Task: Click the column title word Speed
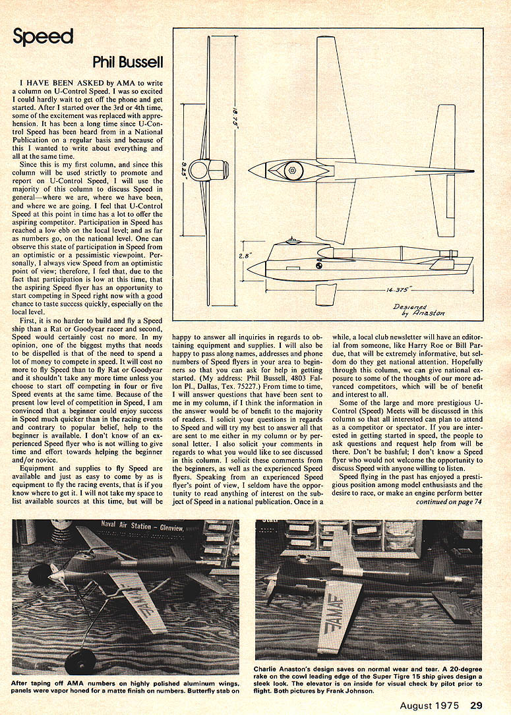click(43, 37)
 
